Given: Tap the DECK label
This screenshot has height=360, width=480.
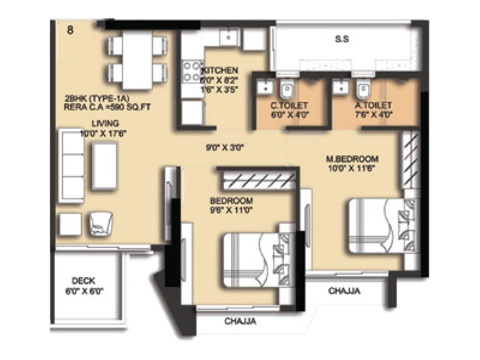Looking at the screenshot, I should click(x=84, y=281).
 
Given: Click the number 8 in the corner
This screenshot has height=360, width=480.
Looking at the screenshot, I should click(x=70, y=31).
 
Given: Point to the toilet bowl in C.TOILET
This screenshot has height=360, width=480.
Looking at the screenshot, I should click(x=286, y=90).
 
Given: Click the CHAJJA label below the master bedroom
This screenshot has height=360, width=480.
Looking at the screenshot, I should click(x=344, y=291).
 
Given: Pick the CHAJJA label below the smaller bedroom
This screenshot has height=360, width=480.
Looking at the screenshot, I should click(x=240, y=321).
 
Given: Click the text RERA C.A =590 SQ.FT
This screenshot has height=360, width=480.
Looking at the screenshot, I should click(x=104, y=107).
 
